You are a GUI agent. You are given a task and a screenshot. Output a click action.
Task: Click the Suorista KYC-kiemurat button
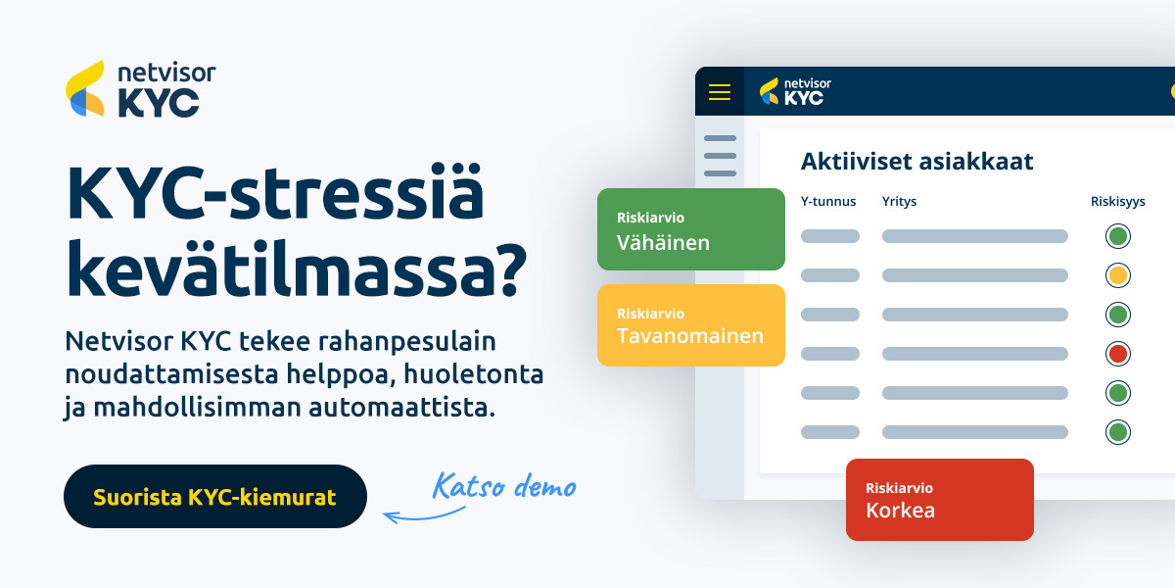[x=215, y=496]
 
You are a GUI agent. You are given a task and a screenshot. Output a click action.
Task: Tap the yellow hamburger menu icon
[x=719, y=92]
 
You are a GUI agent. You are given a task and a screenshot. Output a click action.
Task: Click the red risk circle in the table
[x=1118, y=354]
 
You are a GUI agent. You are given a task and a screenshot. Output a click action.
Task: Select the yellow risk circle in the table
[x=1118, y=275]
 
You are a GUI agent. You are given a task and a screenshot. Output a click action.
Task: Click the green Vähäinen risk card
[x=691, y=229]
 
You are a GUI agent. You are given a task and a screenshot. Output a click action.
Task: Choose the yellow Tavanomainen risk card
[x=691, y=325]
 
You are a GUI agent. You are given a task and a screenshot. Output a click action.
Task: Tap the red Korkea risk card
[x=939, y=500]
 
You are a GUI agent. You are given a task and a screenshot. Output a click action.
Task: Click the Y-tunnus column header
[x=828, y=202]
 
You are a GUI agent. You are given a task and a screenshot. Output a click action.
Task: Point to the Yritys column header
[x=899, y=202]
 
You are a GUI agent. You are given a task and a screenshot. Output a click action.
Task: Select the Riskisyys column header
[x=1118, y=202]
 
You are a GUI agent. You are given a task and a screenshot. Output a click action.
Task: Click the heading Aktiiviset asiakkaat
[x=916, y=161]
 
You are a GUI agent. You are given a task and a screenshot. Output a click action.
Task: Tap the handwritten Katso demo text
[x=504, y=485]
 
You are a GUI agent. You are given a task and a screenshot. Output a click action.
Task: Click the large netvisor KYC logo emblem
[x=85, y=88]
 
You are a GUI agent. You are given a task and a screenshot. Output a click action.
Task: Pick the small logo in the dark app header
[x=795, y=91]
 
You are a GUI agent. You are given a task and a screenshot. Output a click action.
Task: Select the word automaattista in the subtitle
[x=401, y=408]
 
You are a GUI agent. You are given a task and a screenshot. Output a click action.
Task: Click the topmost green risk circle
[x=1118, y=236]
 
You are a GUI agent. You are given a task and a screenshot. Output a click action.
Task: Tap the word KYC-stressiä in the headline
[x=274, y=192]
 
